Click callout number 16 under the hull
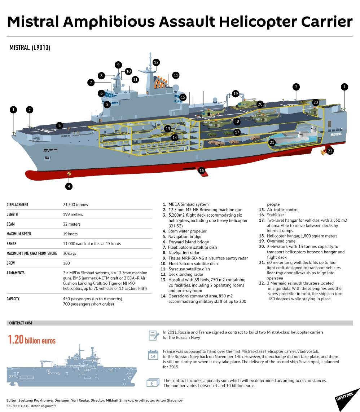[x=202, y=170]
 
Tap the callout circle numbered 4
[x=69, y=186]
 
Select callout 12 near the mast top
[x=156, y=62]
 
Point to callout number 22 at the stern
[x=330, y=151]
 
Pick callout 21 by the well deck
[x=272, y=142]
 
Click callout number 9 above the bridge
[x=118, y=65]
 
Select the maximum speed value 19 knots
[x=70, y=234]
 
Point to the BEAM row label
[x=11, y=224]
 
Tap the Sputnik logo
[x=346, y=398]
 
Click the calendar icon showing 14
[x=153, y=355]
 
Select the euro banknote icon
[x=153, y=383]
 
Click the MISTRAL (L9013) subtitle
[x=30, y=48]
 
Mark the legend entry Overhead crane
[x=281, y=241]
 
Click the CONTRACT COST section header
[x=21, y=323]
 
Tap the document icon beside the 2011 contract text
[x=153, y=335]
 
